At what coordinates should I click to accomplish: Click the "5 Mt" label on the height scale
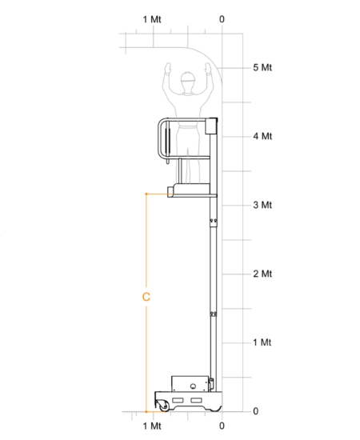pyautogui.click(x=262, y=68)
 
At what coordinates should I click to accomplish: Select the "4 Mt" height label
pyautogui.click(x=262, y=136)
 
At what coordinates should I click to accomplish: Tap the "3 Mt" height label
pyautogui.click(x=262, y=205)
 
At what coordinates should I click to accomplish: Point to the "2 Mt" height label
pyautogui.click(x=262, y=274)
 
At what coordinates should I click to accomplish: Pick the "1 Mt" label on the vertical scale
pyautogui.click(x=262, y=342)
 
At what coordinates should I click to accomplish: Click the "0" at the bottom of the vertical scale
pyautogui.click(x=256, y=411)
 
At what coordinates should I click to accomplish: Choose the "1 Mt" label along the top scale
pyautogui.click(x=152, y=19)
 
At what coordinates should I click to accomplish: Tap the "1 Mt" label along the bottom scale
pyautogui.click(x=152, y=426)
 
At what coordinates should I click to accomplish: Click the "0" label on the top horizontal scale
pyautogui.click(x=222, y=19)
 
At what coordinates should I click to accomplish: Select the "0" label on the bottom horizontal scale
pyautogui.click(x=222, y=426)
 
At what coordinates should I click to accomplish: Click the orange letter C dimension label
pyautogui.click(x=146, y=297)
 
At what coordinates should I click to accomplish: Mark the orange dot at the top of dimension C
pyautogui.click(x=146, y=194)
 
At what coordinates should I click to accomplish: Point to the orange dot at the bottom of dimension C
pyautogui.click(x=146, y=412)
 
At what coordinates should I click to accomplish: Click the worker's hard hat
pyautogui.click(x=188, y=77)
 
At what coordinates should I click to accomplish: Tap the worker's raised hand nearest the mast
pyautogui.click(x=208, y=68)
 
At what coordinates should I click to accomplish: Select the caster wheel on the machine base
pyautogui.click(x=163, y=406)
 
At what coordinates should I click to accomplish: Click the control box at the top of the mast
pyautogui.click(x=211, y=126)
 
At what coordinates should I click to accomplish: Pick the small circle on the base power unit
pyautogui.click(x=193, y=386)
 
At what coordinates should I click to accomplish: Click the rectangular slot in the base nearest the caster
pyautogui.click(x=178, y=400)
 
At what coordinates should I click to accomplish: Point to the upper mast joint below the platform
pyautogui.click(x=214, y=222)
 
